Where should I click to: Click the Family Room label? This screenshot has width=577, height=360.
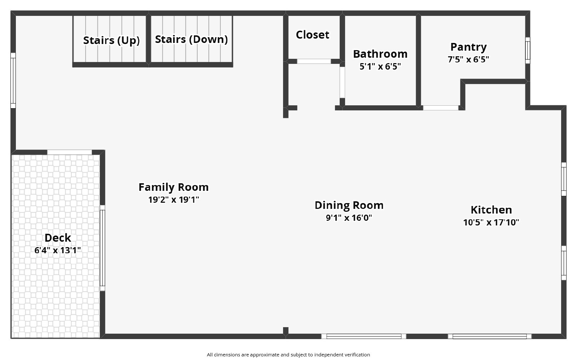[x=173, y=187]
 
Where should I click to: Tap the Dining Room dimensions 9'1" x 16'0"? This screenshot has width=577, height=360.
[x=349, y=218]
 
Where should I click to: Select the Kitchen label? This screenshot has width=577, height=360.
[x=491, y=210]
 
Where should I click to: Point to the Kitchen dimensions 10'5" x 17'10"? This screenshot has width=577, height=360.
[x=491, y=223]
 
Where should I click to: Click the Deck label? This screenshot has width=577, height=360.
[x=58, y=238]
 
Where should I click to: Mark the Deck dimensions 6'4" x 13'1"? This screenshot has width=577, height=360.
[x=58, y=250]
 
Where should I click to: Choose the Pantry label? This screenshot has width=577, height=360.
[x=468, y=47]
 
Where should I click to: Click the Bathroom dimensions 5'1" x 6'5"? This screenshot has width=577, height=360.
[x=380, y=67]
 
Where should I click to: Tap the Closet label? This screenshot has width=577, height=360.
[x=312, y=35]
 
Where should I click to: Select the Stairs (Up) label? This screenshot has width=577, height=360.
[x=111, y=40]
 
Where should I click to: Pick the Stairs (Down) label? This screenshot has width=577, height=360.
[x=191, y=39]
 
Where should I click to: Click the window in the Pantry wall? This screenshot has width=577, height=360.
[x=527, y=50]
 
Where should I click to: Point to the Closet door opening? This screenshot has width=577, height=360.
[x=314, y=61]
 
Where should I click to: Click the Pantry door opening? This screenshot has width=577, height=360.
[x=440, y=107]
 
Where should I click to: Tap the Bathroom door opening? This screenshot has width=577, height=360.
[x=342, y=82]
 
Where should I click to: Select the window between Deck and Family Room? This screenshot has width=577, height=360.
[x=102, y=248]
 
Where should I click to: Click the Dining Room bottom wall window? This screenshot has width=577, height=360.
[x=363, y=336]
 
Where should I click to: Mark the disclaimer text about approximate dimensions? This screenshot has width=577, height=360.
[x=288, y=355]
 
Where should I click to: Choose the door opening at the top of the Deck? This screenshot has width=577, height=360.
[x=70, y=152]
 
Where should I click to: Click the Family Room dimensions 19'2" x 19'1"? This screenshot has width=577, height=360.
[x=173, y=200]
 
